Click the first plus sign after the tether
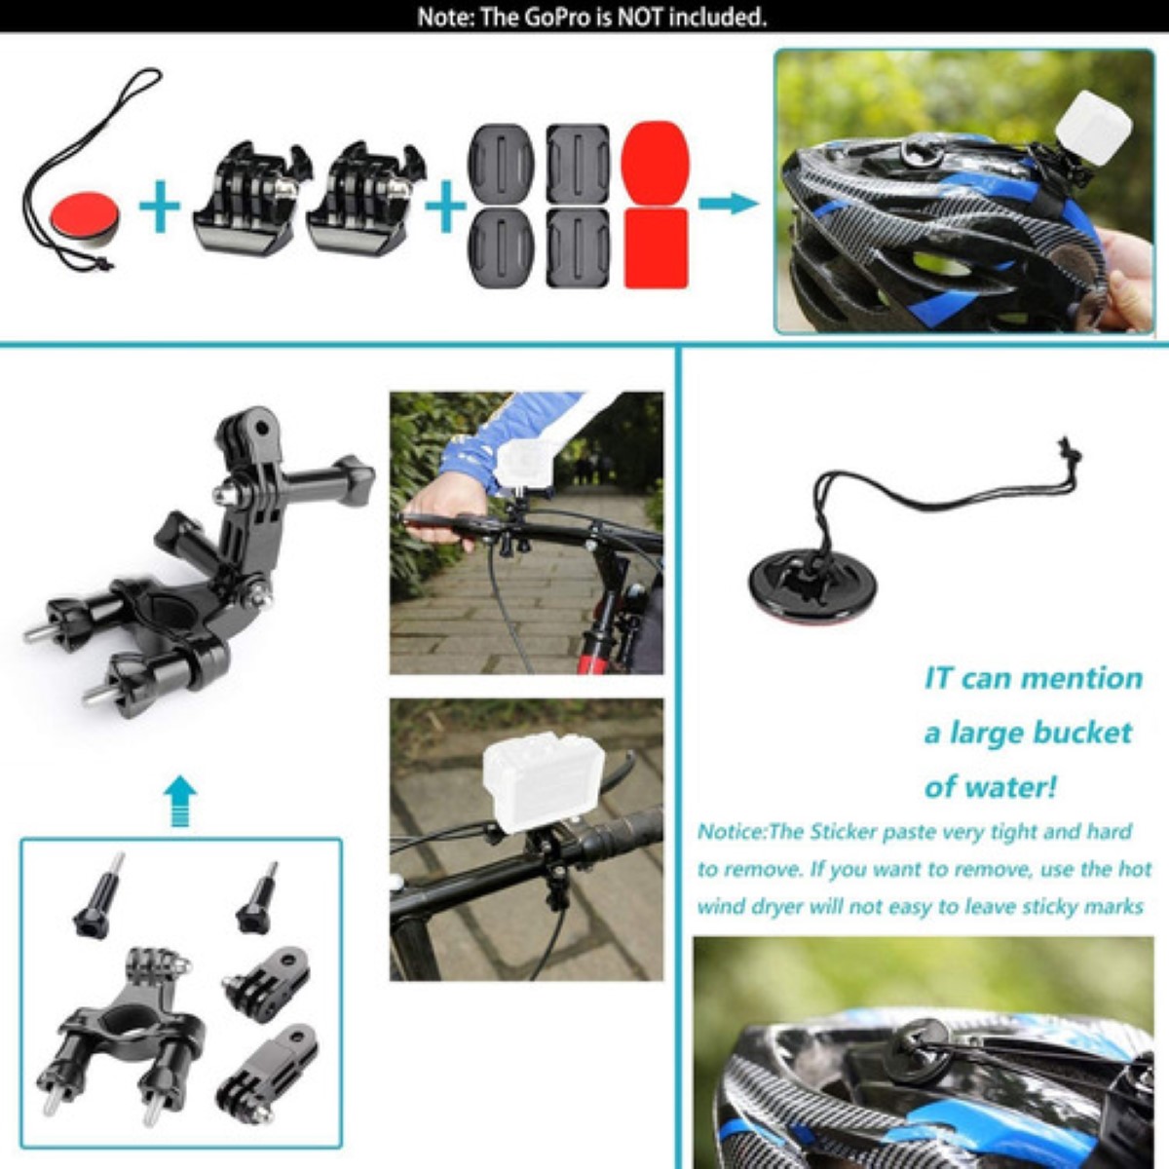pos(160,207)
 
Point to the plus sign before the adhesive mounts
pos(446,207)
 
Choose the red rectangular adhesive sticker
pos(655,247)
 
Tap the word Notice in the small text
pos(731,832)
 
